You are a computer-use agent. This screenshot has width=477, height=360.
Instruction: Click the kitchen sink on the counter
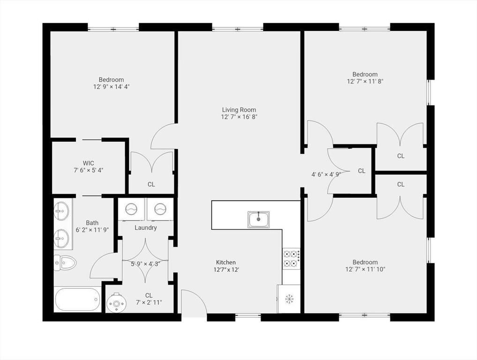coord(259,219)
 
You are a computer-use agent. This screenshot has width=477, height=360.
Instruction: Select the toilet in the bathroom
coord(65,263)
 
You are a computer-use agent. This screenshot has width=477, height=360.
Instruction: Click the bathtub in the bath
coord(78,299)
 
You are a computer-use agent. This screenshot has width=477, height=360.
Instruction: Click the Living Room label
coord(239,110)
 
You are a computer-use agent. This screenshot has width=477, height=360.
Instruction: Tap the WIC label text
coord(88,163)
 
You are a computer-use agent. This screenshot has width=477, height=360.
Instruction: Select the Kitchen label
coord(226,262)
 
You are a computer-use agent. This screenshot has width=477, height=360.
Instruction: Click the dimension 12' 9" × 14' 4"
coord(111,87)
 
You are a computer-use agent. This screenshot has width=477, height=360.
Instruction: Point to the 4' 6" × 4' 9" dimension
coord(326,174)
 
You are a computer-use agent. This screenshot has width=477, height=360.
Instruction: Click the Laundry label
coord(146,228)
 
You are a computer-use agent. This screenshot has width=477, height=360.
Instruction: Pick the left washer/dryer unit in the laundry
coord(132,209)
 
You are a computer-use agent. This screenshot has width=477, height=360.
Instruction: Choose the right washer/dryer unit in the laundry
coord(160,209)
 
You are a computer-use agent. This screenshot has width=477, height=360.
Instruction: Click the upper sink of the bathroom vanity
coord(61,211)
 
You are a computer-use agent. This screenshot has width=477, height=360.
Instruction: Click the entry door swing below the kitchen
coord(193,302)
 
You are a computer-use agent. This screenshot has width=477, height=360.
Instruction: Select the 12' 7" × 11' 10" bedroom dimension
coord(365,270)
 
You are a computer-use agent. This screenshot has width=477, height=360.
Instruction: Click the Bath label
coord(92,223)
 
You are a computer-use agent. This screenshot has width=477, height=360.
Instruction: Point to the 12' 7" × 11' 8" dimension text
coord(365,82)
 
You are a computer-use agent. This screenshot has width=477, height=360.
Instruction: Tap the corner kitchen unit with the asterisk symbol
coord(290,299)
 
